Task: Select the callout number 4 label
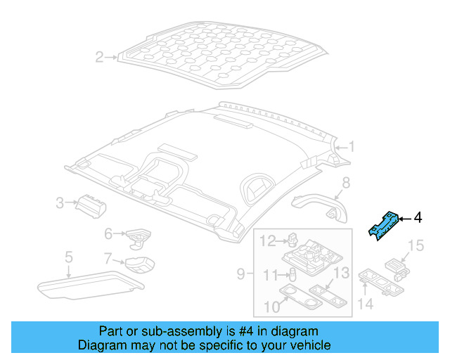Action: (418, 219)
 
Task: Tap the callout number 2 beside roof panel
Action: (99, 57)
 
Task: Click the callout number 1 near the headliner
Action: (352, 147)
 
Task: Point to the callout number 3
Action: (60, 204)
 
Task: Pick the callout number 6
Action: (108, 233)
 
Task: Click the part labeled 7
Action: (141, 266)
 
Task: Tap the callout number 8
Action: (345, 184)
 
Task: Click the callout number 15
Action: (416, 245)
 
